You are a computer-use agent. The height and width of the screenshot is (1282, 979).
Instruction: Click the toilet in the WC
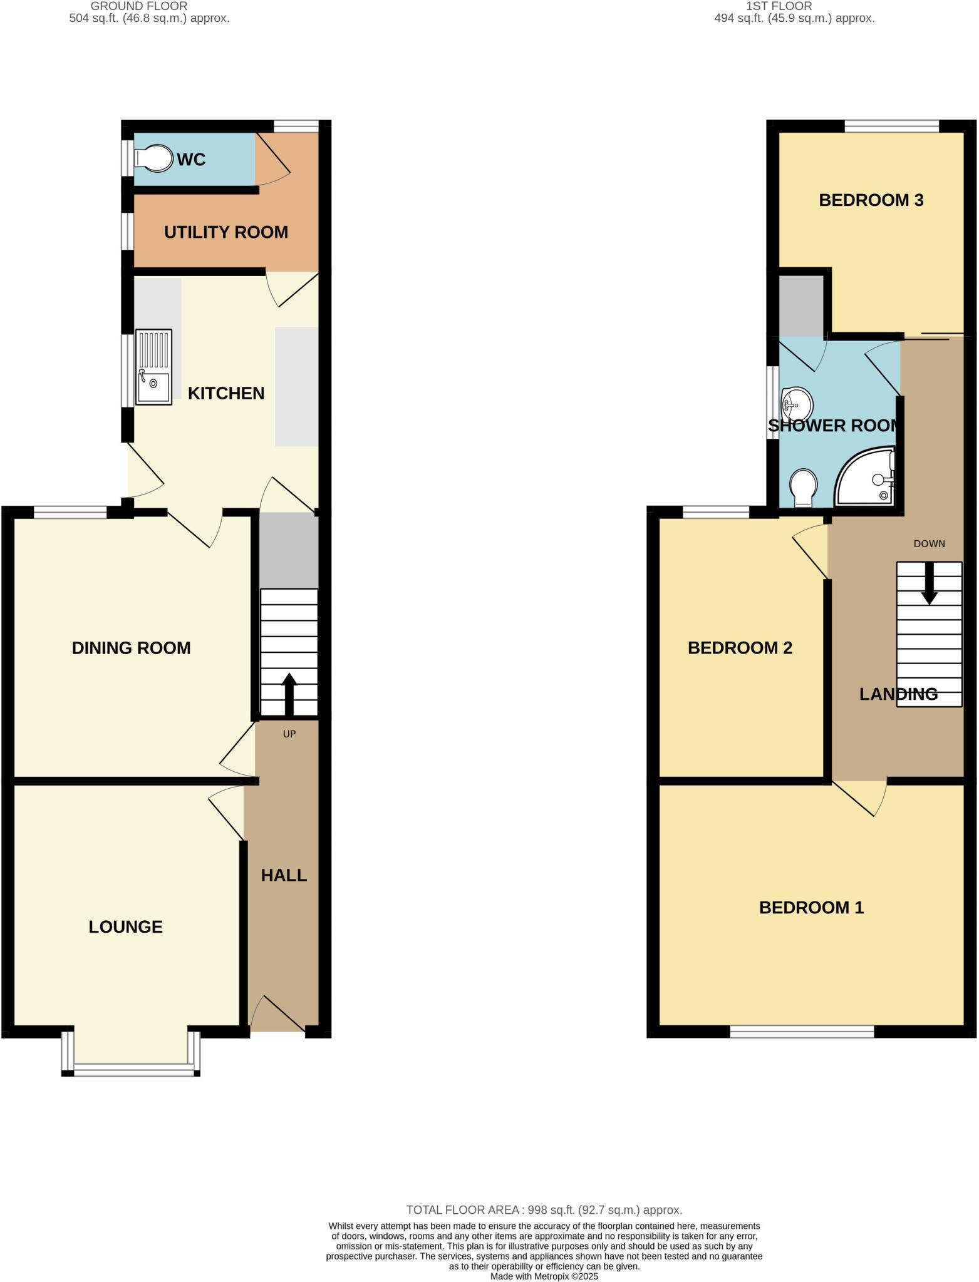coord(154,159)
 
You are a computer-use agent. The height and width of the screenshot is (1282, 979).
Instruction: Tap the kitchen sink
coord(153,367)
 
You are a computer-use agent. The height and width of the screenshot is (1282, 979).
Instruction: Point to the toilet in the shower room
coord(803,488)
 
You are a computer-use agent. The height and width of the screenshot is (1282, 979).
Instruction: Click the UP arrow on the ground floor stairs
coord(289,694)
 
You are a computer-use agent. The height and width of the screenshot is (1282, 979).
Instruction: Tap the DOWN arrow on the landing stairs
coord(929,583)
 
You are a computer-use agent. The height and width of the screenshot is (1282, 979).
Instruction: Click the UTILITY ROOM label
coord(225,232)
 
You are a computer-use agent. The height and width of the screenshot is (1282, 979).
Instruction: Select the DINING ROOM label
coord(131,648)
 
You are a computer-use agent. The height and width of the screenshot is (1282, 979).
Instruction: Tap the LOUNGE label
coord(125,926)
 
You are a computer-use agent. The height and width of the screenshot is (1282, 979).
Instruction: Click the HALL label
coord(284,875)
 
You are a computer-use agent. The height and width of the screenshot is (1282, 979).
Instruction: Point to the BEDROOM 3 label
coord(871,200)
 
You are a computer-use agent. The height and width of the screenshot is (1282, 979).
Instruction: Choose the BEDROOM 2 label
coord(740,648)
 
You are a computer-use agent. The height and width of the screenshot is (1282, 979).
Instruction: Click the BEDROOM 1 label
coord(811,908)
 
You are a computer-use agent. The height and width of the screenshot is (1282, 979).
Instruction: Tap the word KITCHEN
coord(226,393)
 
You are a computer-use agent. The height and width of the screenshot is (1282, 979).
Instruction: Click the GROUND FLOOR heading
coord(139,6)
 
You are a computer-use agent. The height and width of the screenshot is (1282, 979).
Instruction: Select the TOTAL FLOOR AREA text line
coord(544,1210)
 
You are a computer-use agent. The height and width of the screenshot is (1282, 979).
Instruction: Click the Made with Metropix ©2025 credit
coord(544,1276)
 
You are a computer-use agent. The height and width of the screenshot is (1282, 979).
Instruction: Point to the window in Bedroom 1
coord(802,1032)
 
